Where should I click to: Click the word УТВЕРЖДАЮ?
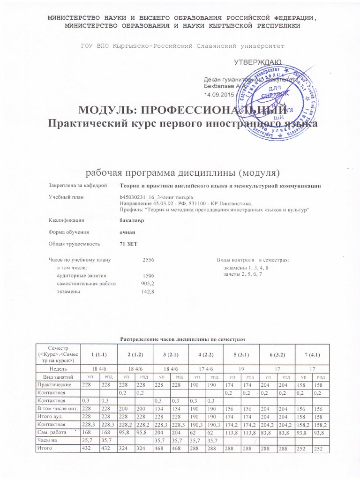click(257, 62)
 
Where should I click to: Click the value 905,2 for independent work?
click(148, 284)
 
